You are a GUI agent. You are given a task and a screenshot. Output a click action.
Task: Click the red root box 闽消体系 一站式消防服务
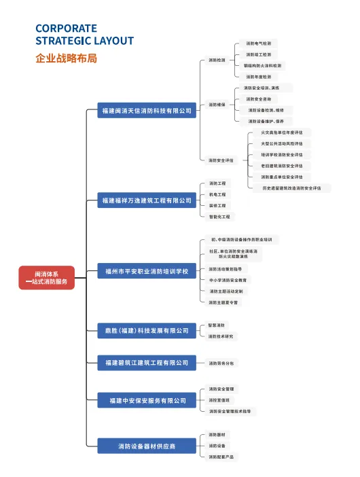point(46,277)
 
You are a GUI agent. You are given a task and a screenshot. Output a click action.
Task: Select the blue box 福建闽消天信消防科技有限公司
point(146,110)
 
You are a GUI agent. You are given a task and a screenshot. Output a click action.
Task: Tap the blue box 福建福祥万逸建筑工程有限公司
point(146,201)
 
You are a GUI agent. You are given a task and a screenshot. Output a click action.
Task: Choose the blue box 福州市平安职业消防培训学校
point(146,272)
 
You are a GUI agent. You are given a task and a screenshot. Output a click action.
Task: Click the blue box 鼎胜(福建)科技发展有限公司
point(146,330)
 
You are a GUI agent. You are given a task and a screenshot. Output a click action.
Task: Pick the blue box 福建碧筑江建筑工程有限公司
point(146,364)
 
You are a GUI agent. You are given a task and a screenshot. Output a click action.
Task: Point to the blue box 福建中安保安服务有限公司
point(146,401)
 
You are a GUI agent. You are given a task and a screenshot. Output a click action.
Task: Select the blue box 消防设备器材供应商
point(146,446)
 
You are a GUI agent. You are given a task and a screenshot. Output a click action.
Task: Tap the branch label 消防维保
point(217,105)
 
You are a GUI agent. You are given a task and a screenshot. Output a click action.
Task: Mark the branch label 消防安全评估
point(221,160)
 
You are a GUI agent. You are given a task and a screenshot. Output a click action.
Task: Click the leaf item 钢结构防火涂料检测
point(264,66)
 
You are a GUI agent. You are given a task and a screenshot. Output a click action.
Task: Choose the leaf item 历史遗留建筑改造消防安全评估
point(296,188)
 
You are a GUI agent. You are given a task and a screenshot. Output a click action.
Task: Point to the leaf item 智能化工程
point(219,216)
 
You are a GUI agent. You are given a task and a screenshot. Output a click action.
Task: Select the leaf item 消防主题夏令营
point(223,302)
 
